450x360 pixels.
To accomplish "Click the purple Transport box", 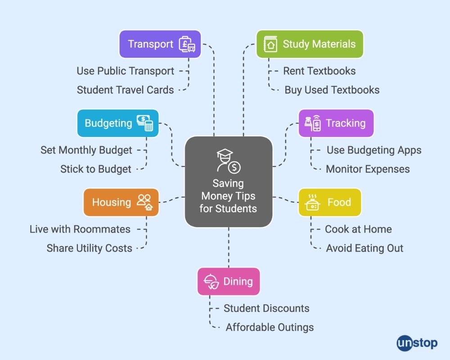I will [x=160, y=44].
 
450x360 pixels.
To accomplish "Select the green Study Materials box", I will [x=310, y=44].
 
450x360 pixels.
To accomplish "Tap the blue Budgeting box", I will [x=118, y=123].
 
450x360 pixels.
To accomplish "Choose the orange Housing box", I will [x=121, y=202].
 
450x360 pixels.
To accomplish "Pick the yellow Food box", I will [x=330, y=202].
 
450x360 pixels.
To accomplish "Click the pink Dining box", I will [x=229, y=282].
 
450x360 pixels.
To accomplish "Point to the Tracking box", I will [x=336, y=123].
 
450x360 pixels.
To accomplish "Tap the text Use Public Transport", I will [x=125, y=71].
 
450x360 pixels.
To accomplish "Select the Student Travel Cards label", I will [x=125, y=90].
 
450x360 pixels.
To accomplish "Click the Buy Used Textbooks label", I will [x=332, y=90].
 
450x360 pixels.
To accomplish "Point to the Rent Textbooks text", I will [x=319, y=71].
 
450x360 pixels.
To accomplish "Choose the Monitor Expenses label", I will [x=368, y=169].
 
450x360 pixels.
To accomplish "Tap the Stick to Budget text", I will [x=96, y=169].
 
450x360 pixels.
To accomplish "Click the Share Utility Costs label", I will [x=89, y=248].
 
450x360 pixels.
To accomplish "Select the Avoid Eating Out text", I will [x=364, y=248].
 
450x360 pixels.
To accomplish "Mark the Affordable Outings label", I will [x=270, y=327].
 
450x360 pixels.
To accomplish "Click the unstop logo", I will [x=417, y=343].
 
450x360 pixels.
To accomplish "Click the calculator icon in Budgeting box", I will [x=149, y=126].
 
